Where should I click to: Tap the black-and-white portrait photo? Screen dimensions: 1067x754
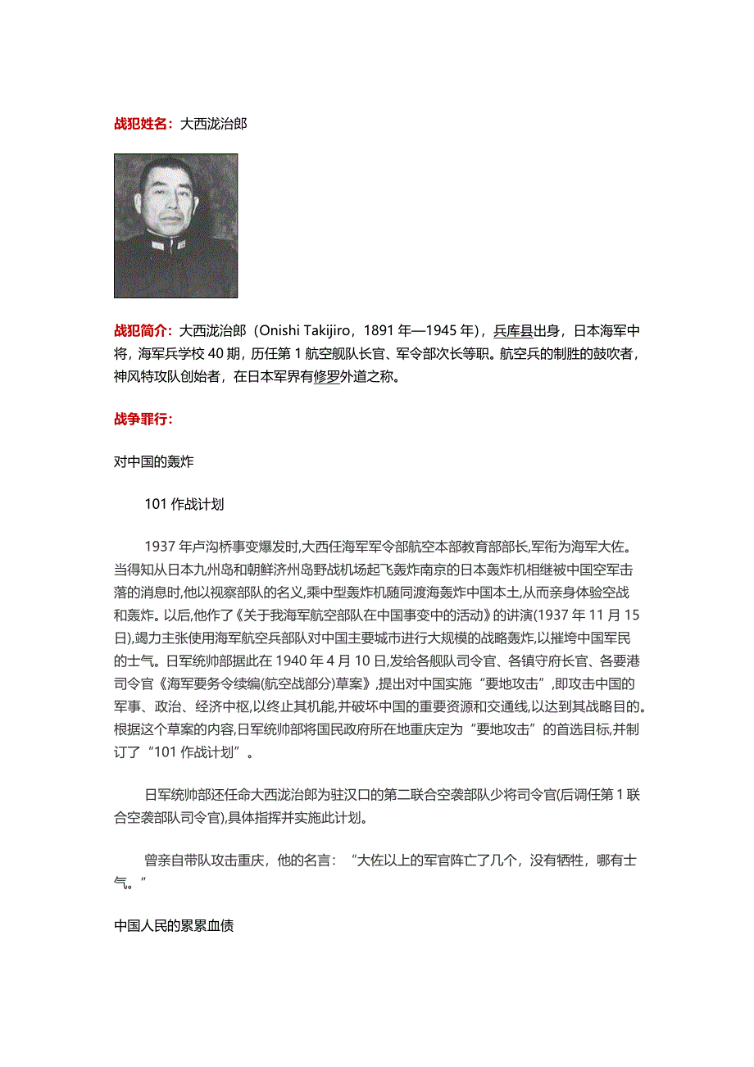175,225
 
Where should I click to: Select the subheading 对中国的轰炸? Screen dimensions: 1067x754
154,461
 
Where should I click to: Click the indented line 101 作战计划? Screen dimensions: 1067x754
184,504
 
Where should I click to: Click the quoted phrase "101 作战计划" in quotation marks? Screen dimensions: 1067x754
193,728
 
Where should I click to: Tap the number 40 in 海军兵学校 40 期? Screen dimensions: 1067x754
217,354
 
